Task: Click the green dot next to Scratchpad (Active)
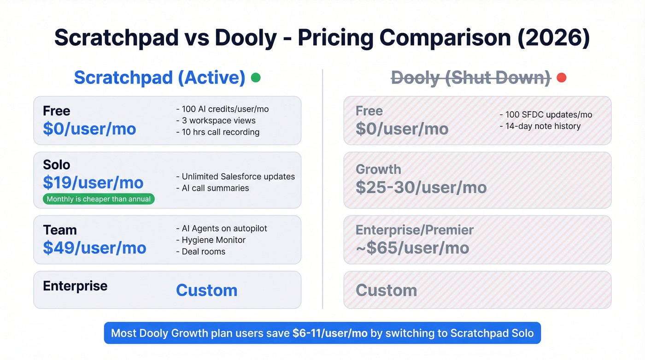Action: point(256,78)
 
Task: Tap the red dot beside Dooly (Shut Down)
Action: point(561,78)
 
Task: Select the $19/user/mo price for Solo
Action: point(93,183)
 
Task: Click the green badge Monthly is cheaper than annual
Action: point(99,199)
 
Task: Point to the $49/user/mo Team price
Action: point(94,248)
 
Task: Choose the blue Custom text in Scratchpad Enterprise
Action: point(206,290)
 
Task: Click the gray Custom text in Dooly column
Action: point(386,290)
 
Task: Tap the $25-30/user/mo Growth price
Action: point(421,187)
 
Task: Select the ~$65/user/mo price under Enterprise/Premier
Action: point(412,248)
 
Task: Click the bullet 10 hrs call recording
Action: point(217,132)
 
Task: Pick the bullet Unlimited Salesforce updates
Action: point(235,177)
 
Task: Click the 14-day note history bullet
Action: point(540,126)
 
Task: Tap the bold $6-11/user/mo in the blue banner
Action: point(330,333)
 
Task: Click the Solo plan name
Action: point(57,165)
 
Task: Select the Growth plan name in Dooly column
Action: point(378,169)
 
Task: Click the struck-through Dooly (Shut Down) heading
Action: point(471,78)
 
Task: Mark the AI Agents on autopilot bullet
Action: point(222,229)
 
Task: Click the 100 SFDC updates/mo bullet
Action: point(545,115)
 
